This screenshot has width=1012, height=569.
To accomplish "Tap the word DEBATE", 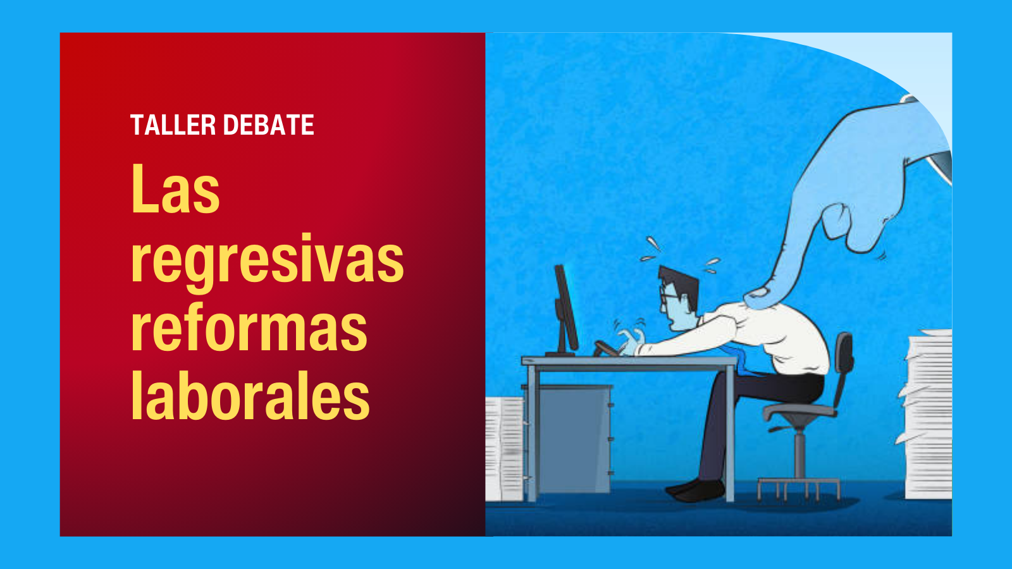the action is [x=269, y=125].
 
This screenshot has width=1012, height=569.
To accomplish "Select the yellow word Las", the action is [x=175, y=189].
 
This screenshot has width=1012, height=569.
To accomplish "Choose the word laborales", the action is [x=250, y=395].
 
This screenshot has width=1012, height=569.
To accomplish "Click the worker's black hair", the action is [x=679, y=284].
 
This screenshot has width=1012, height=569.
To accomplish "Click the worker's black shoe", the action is [x=695, y=489].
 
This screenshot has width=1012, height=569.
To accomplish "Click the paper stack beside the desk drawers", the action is [x=504, y=449].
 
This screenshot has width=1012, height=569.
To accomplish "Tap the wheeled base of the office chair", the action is [x=799, y=489].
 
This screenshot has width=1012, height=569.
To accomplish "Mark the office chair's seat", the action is [x=799, y=412].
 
